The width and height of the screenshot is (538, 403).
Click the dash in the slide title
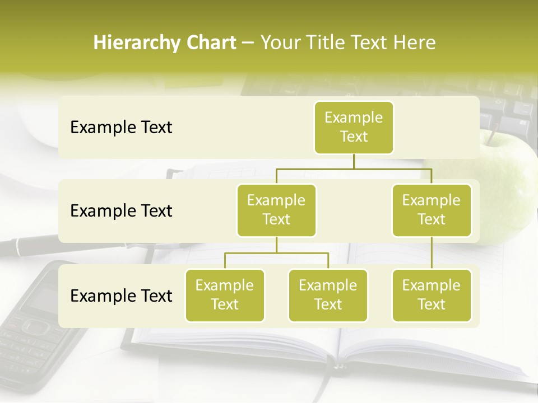[248, 44]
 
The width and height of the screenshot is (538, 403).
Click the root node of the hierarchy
[354, 128]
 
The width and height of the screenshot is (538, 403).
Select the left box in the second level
[276, 210]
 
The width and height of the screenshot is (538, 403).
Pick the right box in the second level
[432, 210]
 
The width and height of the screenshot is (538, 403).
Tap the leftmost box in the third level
[225, 296]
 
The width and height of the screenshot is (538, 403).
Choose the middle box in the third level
[328, 296]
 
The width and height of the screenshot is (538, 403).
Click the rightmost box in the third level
[432, 296]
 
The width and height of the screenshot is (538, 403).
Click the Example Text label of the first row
[121, 128]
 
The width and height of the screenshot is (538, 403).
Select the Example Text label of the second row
[121, 211]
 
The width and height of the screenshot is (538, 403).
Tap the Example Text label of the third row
[121, 296]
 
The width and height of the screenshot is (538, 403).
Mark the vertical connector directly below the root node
[354, 161]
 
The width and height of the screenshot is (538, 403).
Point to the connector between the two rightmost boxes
[432, 253]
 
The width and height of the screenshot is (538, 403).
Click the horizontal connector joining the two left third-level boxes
[276, 253]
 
